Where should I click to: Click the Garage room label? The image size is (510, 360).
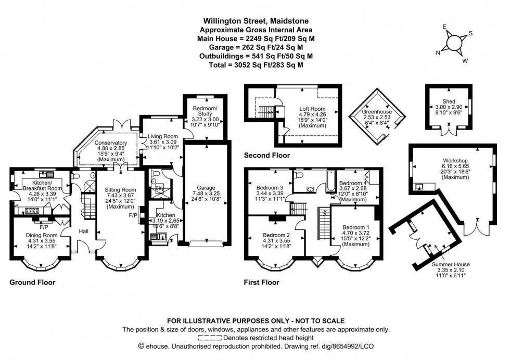pos(205,188)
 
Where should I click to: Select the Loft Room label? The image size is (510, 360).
pos(311,108)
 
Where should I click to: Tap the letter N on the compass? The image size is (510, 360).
pos(438,52)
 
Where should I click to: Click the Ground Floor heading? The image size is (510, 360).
pos(32,282)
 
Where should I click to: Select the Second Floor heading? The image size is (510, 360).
pos(267,155)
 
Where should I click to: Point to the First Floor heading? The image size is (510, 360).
pos(262,282)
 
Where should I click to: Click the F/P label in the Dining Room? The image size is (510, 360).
pos(44,227)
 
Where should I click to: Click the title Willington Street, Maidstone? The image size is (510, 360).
pos(255,21)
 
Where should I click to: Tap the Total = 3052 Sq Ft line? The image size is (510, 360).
pos(255,65)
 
